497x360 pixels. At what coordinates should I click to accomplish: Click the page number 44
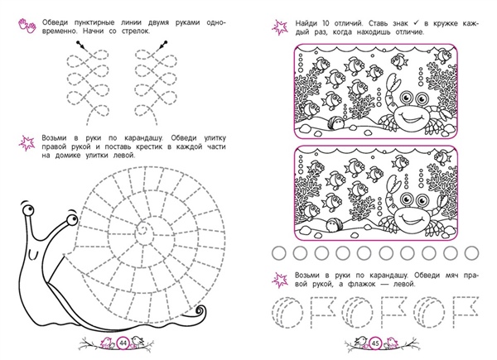click(123, 343)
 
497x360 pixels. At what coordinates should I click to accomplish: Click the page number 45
click(376, 343)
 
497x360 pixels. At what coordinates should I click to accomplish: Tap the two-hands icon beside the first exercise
click(27, 26)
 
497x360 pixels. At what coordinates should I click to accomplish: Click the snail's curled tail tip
click(200, 310)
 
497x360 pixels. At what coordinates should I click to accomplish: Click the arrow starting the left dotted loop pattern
click(81, 45)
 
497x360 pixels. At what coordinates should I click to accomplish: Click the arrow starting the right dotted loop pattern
click(162, 45)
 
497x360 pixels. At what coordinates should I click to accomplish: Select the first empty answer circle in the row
click(278, 253)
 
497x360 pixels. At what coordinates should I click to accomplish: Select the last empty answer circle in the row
click(471, 253)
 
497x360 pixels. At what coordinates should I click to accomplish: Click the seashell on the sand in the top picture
click(335, 122)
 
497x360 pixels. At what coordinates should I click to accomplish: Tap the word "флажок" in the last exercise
click(359, 284)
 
